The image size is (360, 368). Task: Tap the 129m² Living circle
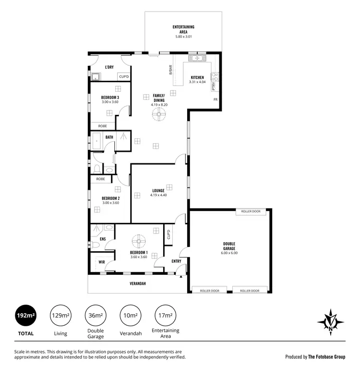click(61, 315)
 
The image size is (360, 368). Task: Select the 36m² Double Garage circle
click(96, 315)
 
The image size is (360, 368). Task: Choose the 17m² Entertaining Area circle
click(165, 315)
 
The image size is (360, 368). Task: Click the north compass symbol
click(331, 320)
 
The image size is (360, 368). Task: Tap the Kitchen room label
click(197, 77)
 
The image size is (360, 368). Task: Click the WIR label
click(102, 262)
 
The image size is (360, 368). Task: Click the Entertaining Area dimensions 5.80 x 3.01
click(183, 36)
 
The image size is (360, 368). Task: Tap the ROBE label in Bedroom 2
click(100, 179)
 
